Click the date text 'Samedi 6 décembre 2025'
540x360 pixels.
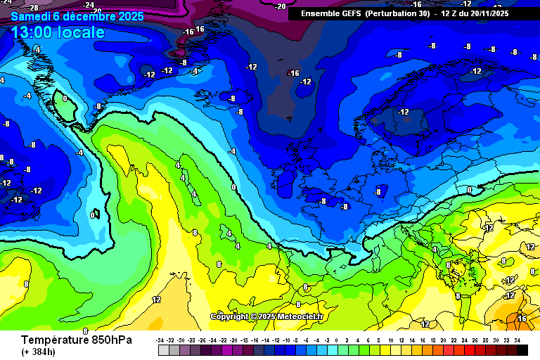[x=77, y=15]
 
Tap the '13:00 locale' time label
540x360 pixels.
[x=58, y=32]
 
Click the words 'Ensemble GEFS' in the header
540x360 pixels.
[x=330, y=13]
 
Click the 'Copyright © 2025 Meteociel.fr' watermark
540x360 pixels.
[x=266, y=316]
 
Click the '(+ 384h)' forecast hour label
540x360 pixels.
[x=38, y=352]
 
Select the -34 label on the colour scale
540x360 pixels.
[x=161, y=340]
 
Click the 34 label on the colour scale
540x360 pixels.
[x=517, y=340]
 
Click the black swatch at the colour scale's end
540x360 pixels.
[x=522, y=349]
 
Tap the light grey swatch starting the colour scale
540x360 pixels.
[x=163, y=349]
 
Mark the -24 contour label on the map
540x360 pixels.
[x=89, y=5]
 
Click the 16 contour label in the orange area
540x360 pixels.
[x=522, y=318]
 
